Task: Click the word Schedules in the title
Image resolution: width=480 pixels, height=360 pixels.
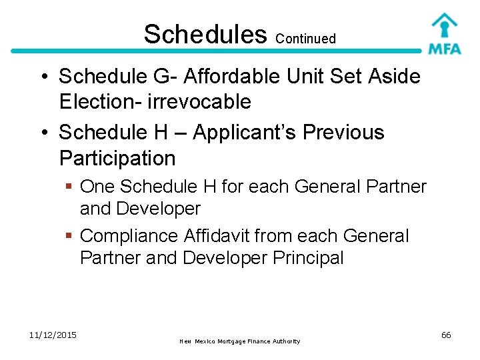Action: coord(205,34)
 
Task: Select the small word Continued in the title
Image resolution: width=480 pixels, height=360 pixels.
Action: coord(305,39)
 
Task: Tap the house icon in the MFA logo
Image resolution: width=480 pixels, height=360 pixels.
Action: coord(444,25)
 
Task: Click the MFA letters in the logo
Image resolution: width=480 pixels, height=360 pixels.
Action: coord(445,49)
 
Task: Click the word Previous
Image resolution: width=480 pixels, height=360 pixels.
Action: coord(343,133)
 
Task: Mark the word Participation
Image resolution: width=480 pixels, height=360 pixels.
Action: coord(117,159)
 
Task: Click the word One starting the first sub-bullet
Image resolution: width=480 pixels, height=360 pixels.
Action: coord(97,187)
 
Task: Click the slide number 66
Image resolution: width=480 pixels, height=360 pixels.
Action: coord(446,335)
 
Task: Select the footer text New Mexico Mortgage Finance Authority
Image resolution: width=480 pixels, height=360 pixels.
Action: coord(239,341)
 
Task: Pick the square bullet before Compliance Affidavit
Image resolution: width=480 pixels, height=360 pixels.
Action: coord(69,236)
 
